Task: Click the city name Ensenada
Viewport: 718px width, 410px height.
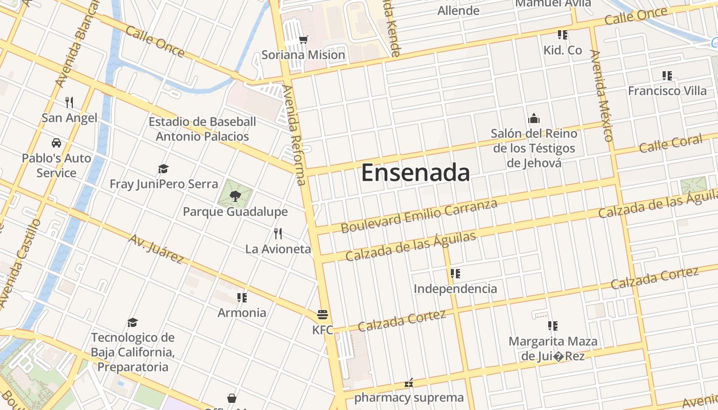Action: [x=415, y=173]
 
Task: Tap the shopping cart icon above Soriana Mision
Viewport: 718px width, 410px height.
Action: [x=304, y=39]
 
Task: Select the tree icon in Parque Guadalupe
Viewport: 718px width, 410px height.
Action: [x=235, y=195]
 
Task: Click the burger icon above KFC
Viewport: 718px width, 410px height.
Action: [x=323, y=314]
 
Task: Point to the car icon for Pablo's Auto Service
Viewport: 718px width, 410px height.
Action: [x=56, y=143]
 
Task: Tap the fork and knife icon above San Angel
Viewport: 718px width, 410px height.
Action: [x=69, y=102]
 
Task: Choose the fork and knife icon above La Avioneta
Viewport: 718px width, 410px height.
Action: [x=278, y=234]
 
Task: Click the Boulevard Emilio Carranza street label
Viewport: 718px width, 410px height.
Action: [x=419, y=216]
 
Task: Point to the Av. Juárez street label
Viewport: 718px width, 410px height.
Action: [x=156, y=249]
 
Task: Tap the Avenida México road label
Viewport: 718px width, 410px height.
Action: [x=601, y=95]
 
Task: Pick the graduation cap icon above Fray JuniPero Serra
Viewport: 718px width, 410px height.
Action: [x=163, y=169]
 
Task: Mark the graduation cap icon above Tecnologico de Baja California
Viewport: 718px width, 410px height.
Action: [x=133, y=322]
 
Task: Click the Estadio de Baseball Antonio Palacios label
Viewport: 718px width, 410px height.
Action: [x=202, y=129]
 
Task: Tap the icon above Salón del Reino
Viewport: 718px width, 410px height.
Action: [x=534, y=119]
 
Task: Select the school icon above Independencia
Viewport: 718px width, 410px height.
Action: [x=455, y=274]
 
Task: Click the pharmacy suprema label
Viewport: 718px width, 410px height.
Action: [x=409, y=398]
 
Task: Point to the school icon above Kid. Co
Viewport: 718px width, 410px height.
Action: [x=563, y=35]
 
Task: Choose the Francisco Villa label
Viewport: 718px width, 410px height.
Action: [x=667, y=91]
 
